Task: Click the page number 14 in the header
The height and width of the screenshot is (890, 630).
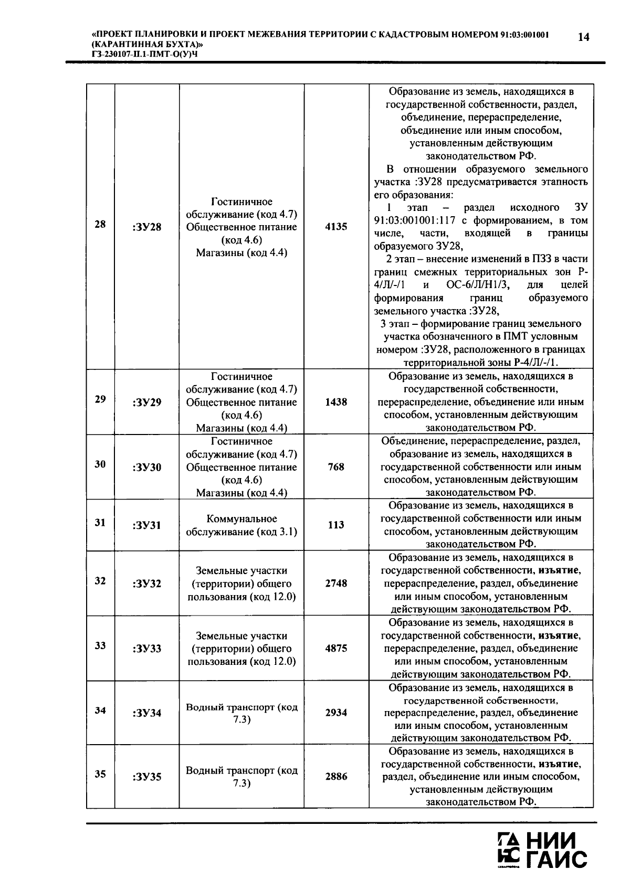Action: point(583,37)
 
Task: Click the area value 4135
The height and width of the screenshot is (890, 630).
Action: point(336,227)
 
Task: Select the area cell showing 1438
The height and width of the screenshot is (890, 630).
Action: point(336,402)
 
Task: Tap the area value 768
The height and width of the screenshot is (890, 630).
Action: point(336,467)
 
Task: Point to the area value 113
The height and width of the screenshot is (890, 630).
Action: point(336,525)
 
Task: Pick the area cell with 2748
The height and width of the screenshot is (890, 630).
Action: point(336,583)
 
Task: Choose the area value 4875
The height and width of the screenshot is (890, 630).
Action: point(336,648)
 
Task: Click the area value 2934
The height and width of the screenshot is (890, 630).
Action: point(336,713)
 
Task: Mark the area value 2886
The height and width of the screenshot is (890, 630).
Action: point(336,777)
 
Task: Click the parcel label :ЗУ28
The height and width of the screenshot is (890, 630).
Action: point(147,227)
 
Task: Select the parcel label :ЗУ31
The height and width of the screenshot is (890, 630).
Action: point(147,525)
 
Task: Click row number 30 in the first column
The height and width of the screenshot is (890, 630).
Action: point(100,464)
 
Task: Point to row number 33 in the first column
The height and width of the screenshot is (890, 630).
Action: point(100,645)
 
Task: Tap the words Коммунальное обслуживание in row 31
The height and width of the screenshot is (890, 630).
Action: point(241,525)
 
